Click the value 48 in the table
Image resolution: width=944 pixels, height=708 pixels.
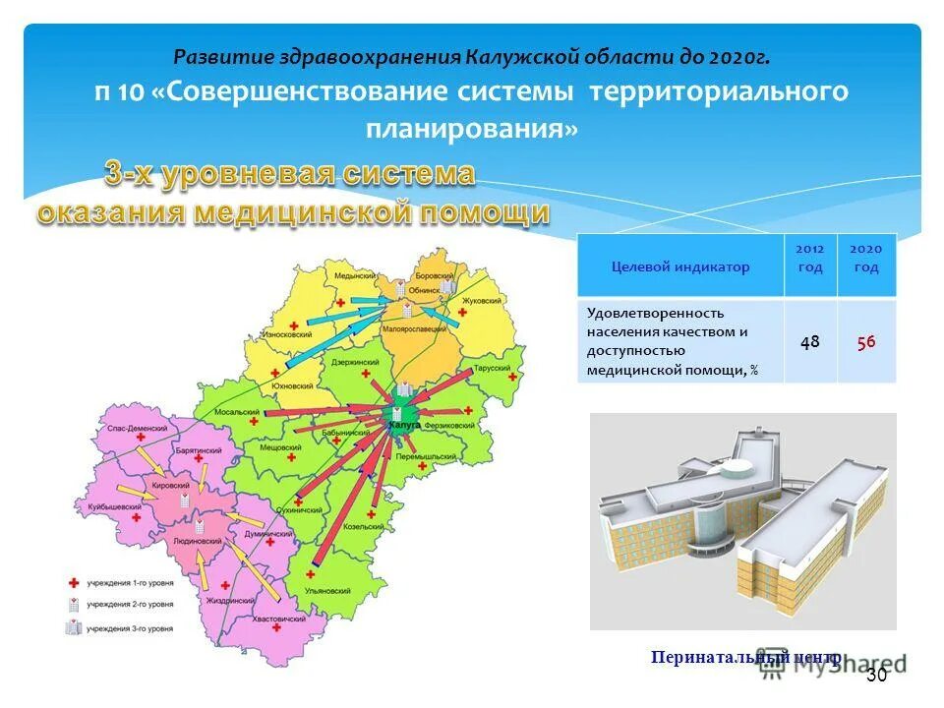[810, 341]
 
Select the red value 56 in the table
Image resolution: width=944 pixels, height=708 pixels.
[866, 341]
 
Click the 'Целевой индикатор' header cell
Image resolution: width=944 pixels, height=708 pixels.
[679, 266]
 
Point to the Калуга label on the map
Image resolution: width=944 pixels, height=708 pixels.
[404, 424]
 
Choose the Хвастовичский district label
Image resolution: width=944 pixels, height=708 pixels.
[267, 619]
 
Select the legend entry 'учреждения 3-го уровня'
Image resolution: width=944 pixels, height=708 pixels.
[129, 627]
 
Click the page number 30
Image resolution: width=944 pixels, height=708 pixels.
[876, 676]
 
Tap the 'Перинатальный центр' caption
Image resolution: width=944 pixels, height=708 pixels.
[744, 657]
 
